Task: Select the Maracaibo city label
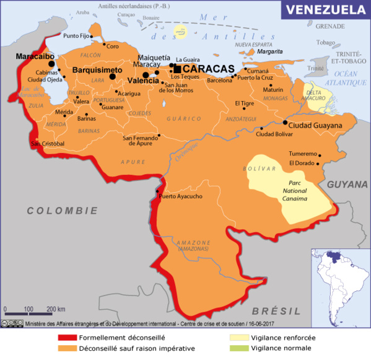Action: (x=35, y=56)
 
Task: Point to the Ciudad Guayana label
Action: (x=315, y=125)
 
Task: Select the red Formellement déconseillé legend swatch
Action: (x=66, y=338)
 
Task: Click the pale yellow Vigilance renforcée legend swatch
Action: (x=238, y=338)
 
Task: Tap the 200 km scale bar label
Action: (x=56, y=309)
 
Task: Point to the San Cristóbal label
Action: (x=48, y=144)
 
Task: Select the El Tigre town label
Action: (x=245, y=103)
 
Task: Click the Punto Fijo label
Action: (x=76, y=35)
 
